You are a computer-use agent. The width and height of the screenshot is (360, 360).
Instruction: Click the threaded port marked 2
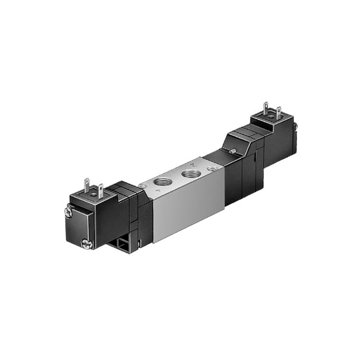click(x=192, y=173)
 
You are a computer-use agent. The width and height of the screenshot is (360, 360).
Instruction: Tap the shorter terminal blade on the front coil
click(x=100, y=190)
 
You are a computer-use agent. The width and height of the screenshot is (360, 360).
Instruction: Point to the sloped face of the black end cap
click(x=237, y=142)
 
